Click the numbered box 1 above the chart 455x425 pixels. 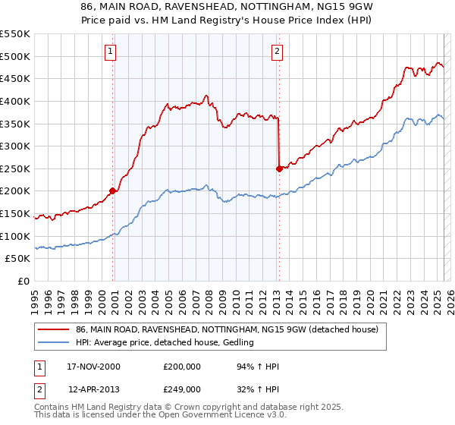[110, 52]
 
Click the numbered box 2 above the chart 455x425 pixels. [277, 52]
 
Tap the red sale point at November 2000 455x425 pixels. [113, 191]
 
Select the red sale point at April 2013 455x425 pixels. [279, 168]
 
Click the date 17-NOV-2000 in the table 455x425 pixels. [94, 367]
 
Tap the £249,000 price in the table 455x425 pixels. [182, 389]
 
